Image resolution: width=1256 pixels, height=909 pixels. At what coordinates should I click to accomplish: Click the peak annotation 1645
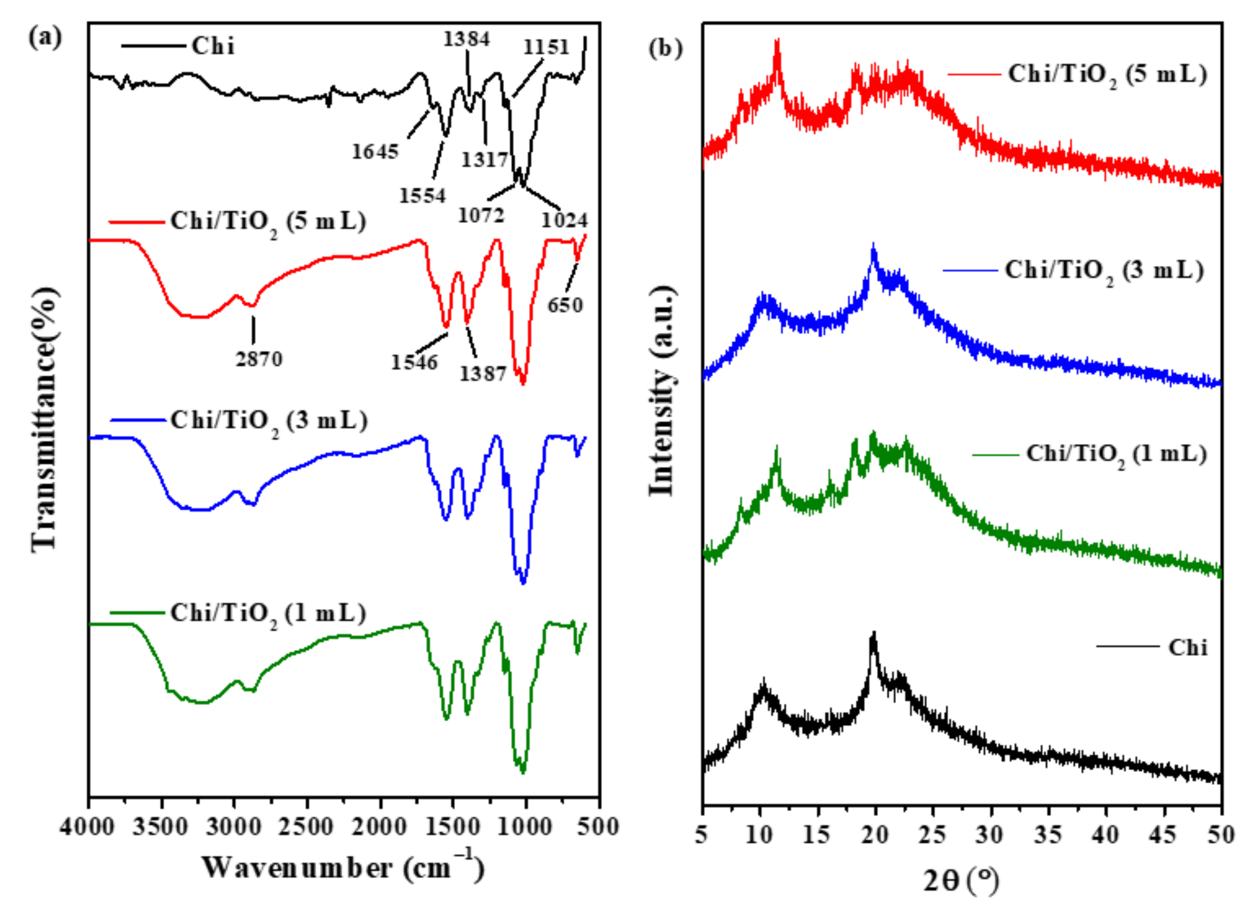click(375, 151)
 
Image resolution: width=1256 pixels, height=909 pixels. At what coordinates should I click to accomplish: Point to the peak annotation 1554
click(422, 195)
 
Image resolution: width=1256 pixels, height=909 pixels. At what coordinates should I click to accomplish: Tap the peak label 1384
click(466, 39)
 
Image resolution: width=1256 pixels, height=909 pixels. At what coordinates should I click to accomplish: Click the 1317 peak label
click(485, 160)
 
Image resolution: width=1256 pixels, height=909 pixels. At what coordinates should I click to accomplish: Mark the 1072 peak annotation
click(481, 215)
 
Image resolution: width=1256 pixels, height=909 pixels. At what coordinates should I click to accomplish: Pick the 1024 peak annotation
click(564, 220)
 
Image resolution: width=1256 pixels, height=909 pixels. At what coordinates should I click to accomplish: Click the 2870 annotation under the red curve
click(259, 359)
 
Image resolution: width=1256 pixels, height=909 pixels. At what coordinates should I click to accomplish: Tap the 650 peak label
click(565, 305)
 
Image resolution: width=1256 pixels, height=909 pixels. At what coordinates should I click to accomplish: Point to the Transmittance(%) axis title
click(44, 419)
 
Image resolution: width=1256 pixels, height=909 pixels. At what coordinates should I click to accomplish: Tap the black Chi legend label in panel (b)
click(1188, 647)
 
